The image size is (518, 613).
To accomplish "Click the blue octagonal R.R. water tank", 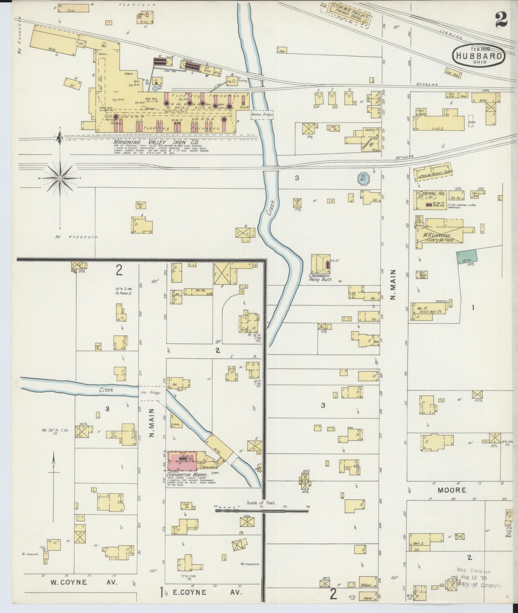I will coord(363,179).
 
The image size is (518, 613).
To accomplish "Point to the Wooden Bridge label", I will coord(262,115).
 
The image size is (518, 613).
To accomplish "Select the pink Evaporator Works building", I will coord(181,461).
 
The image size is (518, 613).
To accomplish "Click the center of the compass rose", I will coord(60,178).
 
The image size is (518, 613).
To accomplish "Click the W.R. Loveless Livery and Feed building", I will coord(439,235).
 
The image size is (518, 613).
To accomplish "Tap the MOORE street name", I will coord(452,490).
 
